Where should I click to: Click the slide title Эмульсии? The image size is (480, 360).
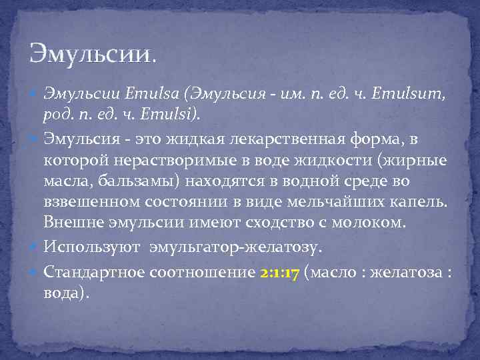click(x=93, y=53)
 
